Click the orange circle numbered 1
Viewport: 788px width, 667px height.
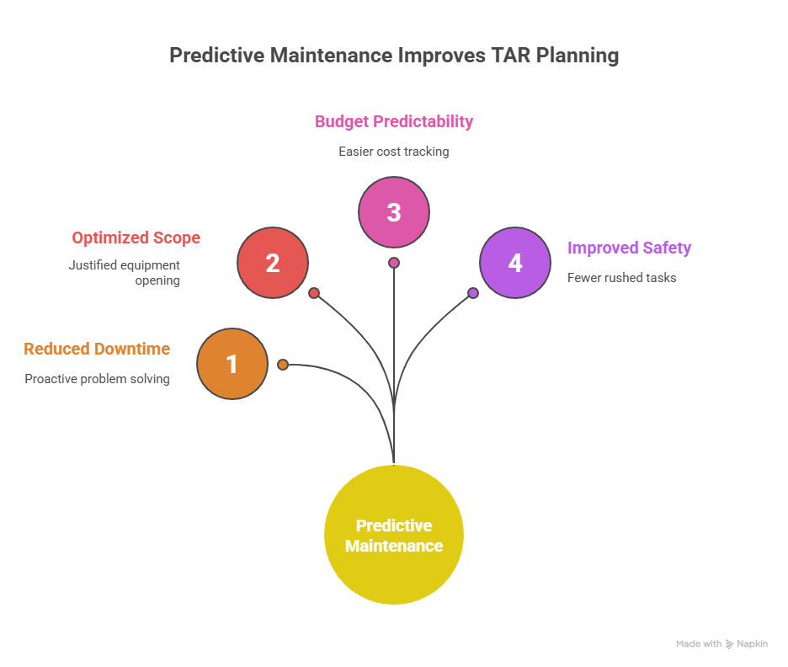(x=232, y=364)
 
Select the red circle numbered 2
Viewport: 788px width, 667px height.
(x=273, y=263)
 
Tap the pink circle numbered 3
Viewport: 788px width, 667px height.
(x=394, y=212)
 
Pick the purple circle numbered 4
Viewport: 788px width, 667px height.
(x=515, y=263)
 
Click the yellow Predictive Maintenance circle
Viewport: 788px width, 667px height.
(x=394, y=535)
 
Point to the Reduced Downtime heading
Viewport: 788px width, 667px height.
(x=97, y=349)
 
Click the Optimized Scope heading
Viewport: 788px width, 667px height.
(x=136, y=237)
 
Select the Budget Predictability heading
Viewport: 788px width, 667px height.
(x=394, y=121)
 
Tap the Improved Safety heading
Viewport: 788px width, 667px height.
(x=629, y=248)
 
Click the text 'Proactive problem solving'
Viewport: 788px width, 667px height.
(x=97, y=379)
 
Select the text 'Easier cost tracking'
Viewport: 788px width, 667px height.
(x=394, y=152)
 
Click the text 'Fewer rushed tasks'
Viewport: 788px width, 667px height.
(x=621, y=278)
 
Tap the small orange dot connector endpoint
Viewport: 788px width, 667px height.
(x=283, y=365)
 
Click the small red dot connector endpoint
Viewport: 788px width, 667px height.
(x=313, y=293)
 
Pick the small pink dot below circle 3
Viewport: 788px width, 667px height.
(x=394, y=263)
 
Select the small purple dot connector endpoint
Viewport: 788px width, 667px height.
(x=473, y=293)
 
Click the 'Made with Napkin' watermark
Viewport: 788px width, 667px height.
(x=721, y=644)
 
